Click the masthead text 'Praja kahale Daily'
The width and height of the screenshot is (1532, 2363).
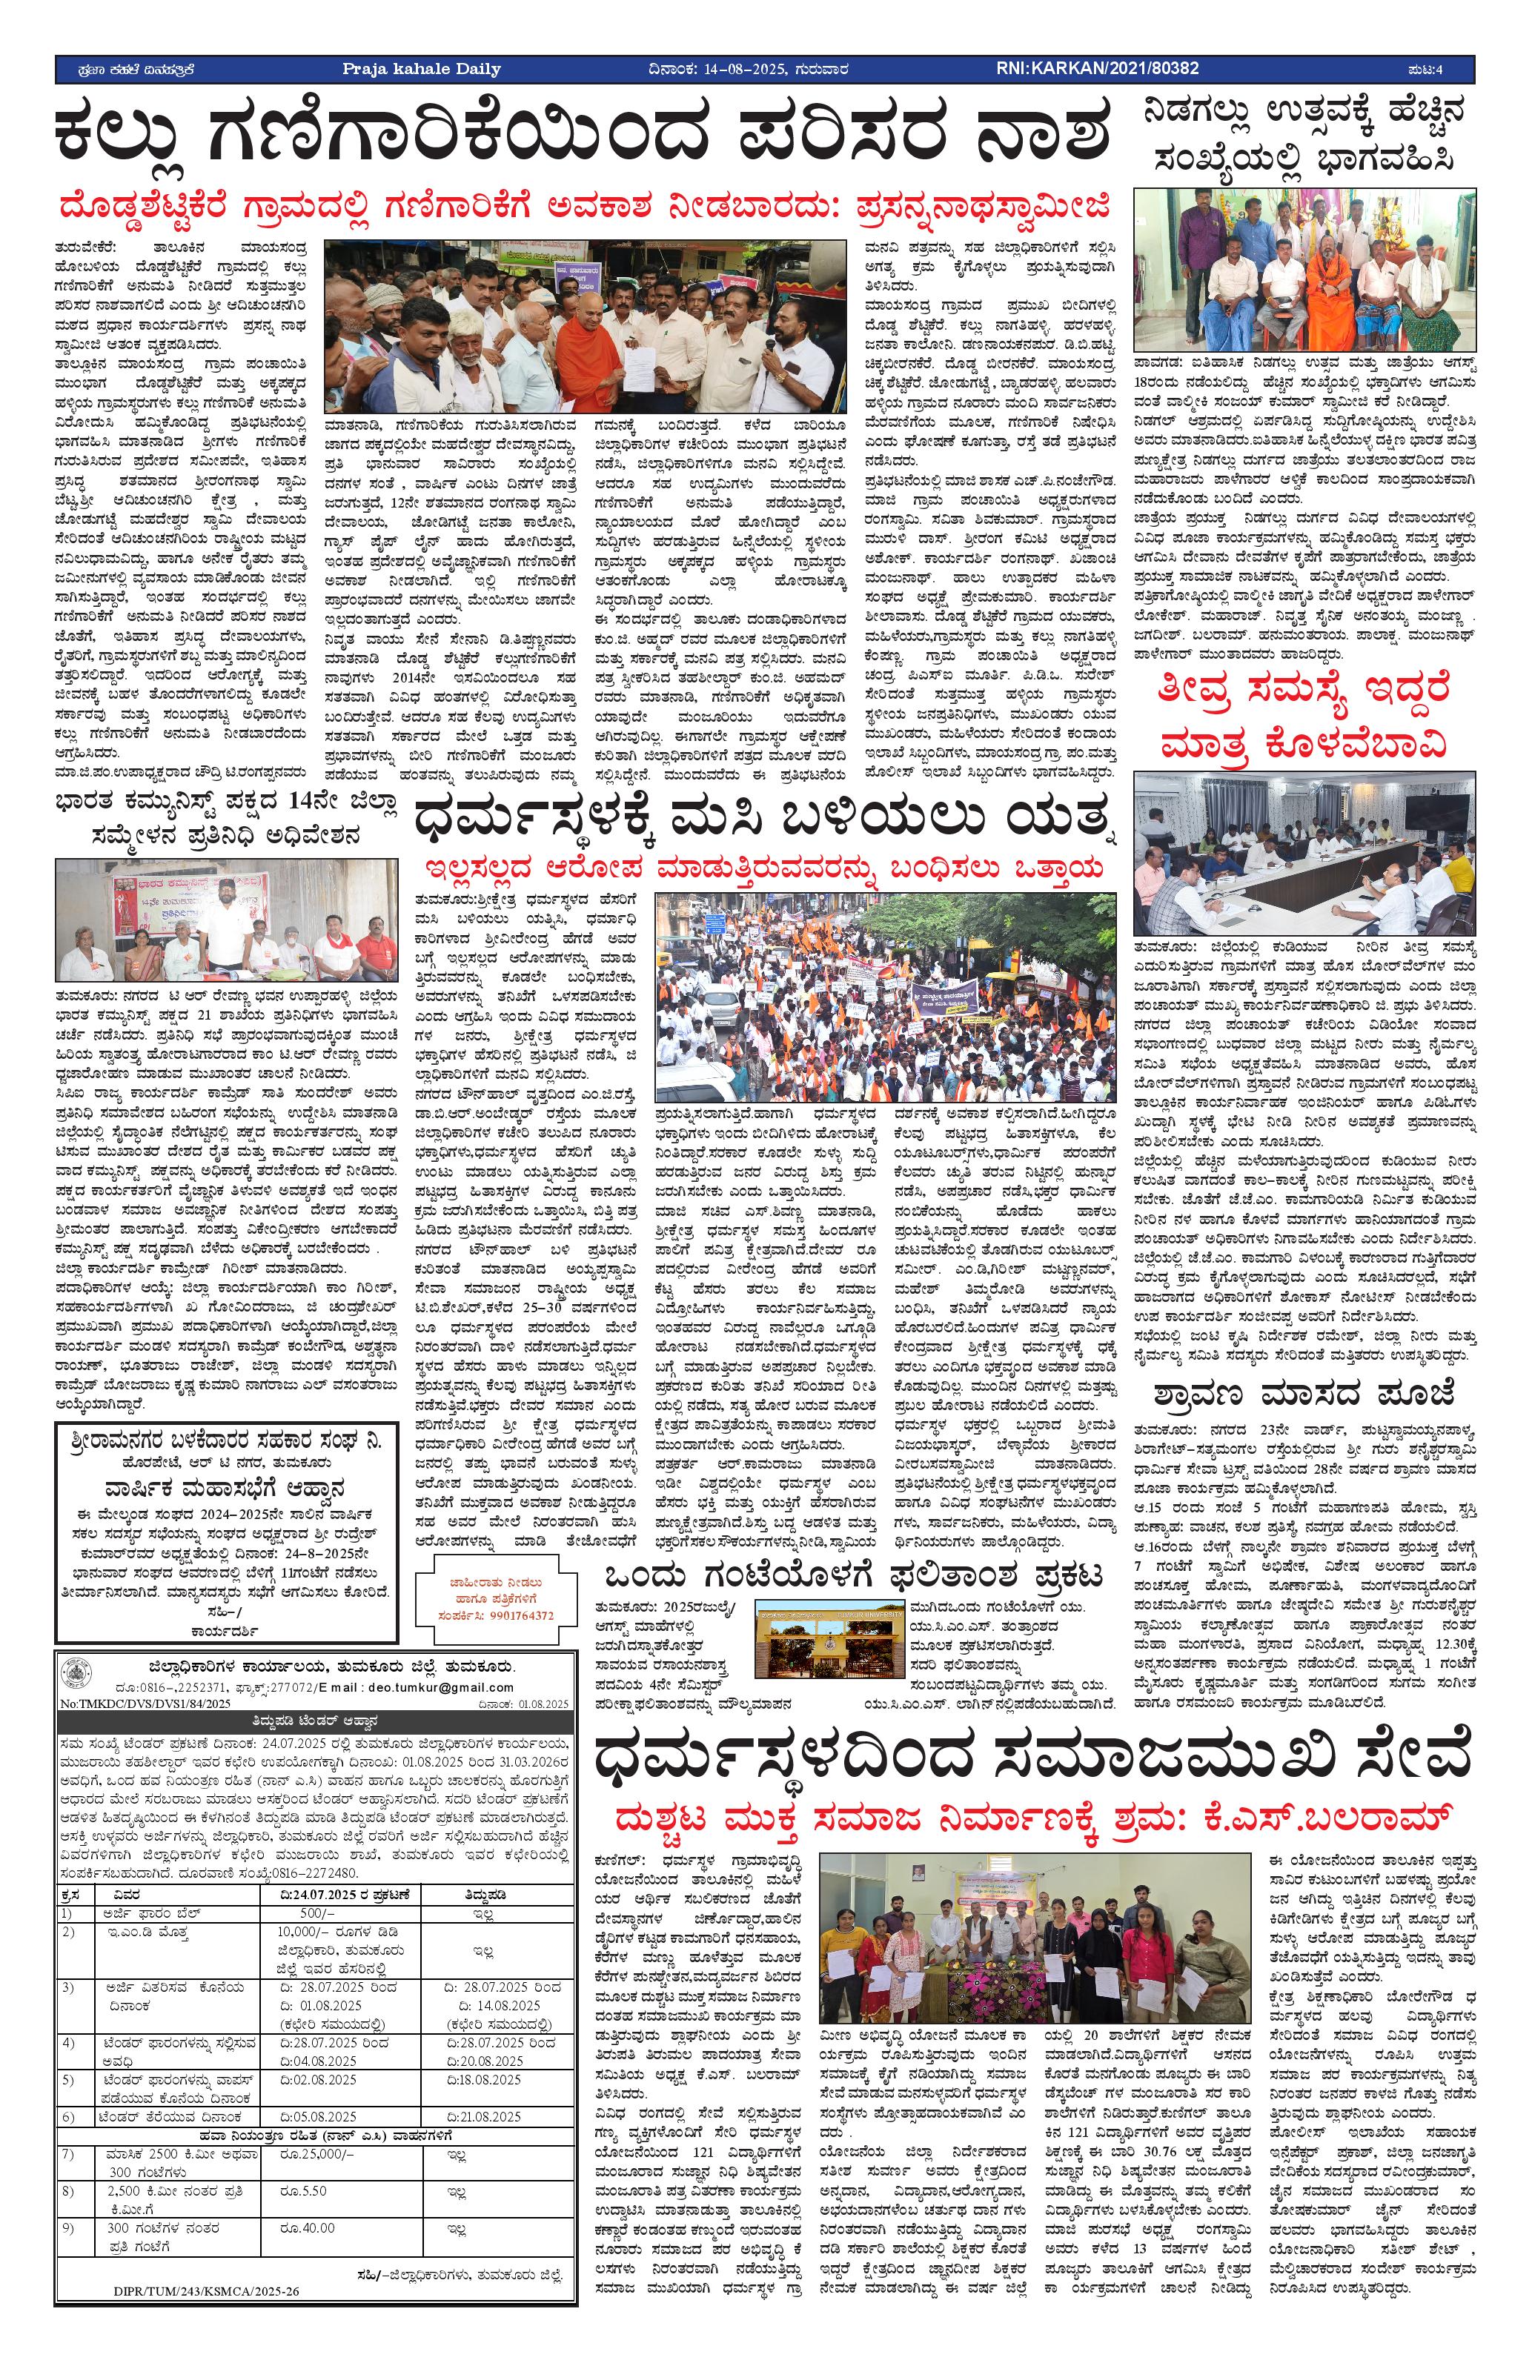421,68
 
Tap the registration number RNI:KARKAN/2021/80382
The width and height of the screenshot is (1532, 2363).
1097,68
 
